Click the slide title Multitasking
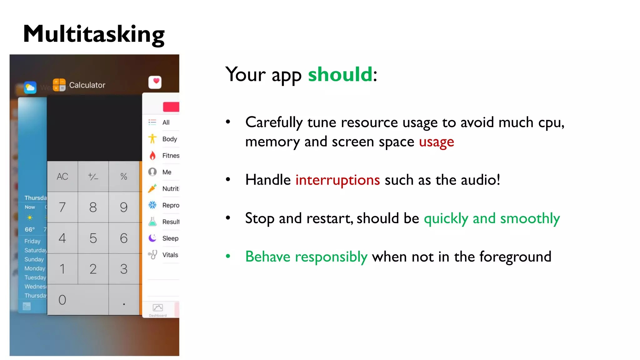(x=94, y=34)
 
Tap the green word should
(x=340, y=75)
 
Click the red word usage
(x=436, y=142)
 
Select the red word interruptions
(x=337, y=180)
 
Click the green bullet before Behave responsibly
(x=228, y=257)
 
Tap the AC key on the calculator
(x=62, y=177)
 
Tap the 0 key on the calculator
(x=62, y=300)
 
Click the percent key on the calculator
(x=124, y=177)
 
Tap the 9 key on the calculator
(x=124, y=207)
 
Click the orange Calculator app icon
(x=59, y=85)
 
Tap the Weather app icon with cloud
(x=30, y=87)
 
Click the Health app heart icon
(x=155, y=82)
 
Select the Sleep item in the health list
(x=170, y=238)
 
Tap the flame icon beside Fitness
(x=152, y=156)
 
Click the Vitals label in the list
(x=170, y=255)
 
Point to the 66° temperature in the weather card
(x=30, y=229)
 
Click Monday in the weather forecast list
(x=35, y=268)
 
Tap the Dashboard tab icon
(x=158, y=308)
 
